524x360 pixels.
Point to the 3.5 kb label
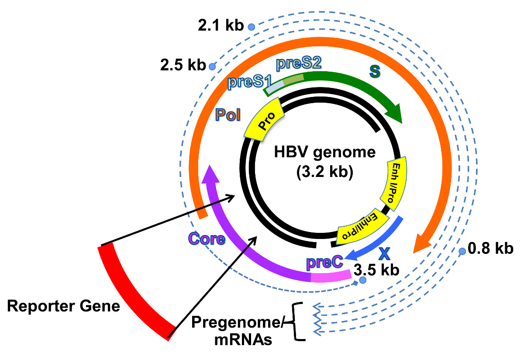coord(376,270)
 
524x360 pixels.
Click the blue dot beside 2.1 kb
coord(251,27)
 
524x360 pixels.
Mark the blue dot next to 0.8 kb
coord(462,251)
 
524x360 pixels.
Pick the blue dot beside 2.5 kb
coord(212,66)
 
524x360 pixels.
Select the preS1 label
coord(247,81)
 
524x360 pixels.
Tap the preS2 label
coord(299,63)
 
